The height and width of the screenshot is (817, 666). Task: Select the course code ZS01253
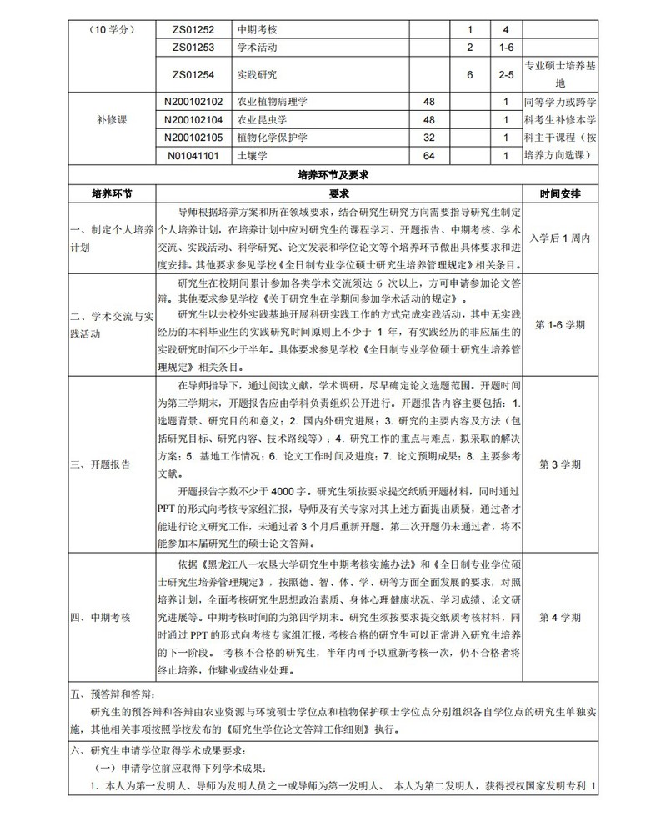(x=193, y=46)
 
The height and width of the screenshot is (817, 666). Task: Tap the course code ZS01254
(x=193, y=74)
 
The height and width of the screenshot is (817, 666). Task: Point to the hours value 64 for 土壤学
(x=430, y=155)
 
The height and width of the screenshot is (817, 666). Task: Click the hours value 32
(x=430, y=137)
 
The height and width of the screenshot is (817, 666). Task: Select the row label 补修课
(x=112, y=119)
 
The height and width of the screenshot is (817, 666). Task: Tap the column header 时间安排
(x=561, y=193)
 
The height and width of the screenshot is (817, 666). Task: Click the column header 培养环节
(x=112, y=193)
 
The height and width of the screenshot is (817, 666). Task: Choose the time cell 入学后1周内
(x=561, y=238)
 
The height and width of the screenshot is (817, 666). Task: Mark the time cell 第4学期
(x=561, y=617)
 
